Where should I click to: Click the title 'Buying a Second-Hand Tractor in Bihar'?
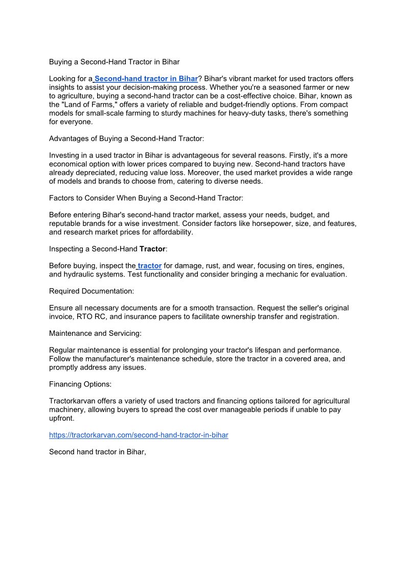[x=114, y=62]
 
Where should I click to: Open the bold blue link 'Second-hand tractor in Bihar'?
[x=146, y=79]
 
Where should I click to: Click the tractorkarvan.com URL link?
[x=139, y=435]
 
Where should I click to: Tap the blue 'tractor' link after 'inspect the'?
[x=149, y=266]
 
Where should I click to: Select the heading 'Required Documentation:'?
[x=92, y=291]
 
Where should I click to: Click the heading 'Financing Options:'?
[x=80, y=384]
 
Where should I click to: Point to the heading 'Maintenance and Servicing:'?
[x=95, y=333]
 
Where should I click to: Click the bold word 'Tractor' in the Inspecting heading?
[x=152, y=249]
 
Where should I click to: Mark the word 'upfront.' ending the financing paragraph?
[x=62, y=418]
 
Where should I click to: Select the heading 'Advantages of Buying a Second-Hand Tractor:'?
[x=126, y=139]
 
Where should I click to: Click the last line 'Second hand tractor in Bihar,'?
[x=98, y=452]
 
